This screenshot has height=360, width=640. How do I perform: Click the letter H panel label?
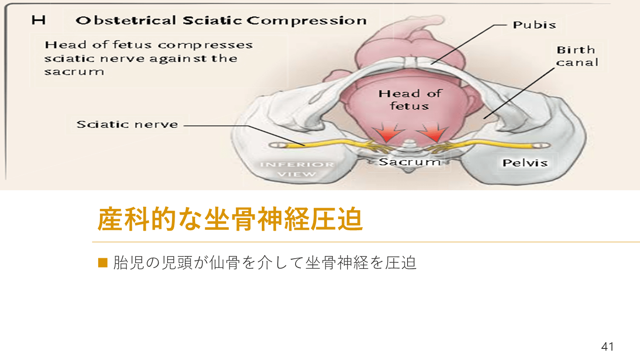[x=39, y=20]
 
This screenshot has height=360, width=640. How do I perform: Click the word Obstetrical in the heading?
[x=126, y=20]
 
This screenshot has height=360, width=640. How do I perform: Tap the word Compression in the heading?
[x=307, y=21]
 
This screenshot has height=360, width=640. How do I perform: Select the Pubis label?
[x=534, y=25]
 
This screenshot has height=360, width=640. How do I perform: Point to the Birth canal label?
[x=577, y=56]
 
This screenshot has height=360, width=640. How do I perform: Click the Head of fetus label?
[x=410, y=100]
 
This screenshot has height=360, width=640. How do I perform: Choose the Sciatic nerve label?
[x=127, y=124]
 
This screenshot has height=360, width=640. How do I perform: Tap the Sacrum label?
[x=409, y=162]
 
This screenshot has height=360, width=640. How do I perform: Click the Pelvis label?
[x=525, y=163]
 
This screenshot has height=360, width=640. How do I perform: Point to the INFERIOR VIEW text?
[x=297, y=169]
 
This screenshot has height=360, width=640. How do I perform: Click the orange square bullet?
[x=103, y=263]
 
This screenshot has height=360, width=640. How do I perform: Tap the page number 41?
[x=608, y=347]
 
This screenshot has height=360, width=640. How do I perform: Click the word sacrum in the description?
[x=74, y=72]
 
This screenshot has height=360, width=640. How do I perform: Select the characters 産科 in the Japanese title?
[x=124, y=219]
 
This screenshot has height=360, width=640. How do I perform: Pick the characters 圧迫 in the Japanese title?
[x=336, y=219]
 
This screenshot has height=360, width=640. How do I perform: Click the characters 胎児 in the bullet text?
[x=128, y=263]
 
